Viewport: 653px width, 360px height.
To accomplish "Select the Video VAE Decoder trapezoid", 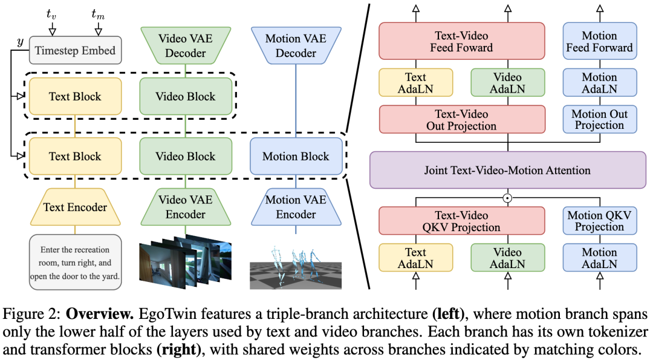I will pyautogui.click(x=185, y=45).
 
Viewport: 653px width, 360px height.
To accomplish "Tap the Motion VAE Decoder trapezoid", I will pyautogui.click(x=296, y=45).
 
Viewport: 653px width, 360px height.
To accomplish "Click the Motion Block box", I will pyautogui.click(x=296, y=156).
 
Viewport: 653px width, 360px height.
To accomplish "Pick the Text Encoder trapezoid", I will pyautogui.click(x=74, y=207).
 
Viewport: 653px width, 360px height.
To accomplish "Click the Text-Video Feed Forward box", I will pyautogui.click(x=462, y=41).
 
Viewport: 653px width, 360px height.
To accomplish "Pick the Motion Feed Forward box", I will pyautogui.click(x=599, y=41).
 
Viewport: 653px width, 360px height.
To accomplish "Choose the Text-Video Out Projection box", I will pyautogui.click(x=462, y=120).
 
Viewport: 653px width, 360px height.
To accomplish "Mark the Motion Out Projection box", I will pyautogui.click(x=599, y=120).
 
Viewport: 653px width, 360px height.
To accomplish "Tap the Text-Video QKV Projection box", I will pyautogui.click(x=462, y=221).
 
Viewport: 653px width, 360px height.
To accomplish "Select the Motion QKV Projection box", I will pyautogui.click(x=599, y=221).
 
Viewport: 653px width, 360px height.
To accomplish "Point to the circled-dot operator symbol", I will pyautogui.click(x=508, y=197).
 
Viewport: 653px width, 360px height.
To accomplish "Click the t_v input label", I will pyautogui.click(x=51, y=12).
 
